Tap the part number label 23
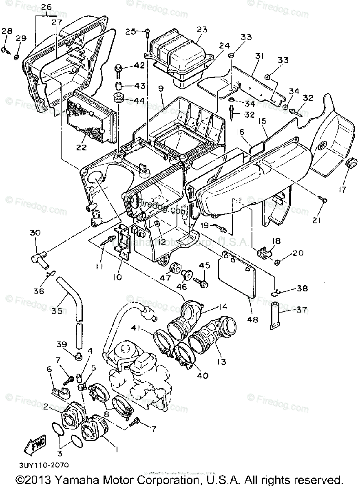[202, 29]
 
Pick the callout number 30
[35, 233]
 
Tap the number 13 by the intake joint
[221, 362]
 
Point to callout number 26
[46, 7]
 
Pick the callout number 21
[317, 220]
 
